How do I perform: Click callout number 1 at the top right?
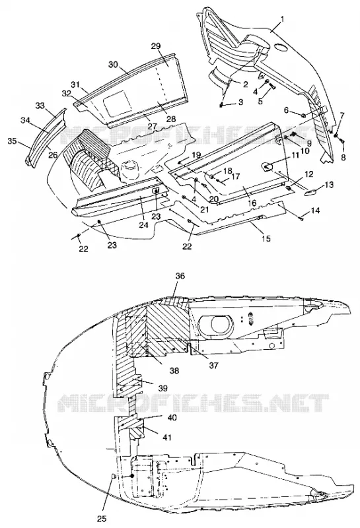[x=283, y=19]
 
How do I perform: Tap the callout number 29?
[x=166, y=46]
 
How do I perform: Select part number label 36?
[x=180, y=276]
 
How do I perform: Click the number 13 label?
[x=330, y=185]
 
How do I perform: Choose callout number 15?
[x=266, y=239]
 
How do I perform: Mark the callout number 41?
[x=167, y=438]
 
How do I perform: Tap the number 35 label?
[x=12, y=141]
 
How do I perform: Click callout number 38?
[x=174, y=371]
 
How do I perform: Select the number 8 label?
[x=343, y=157]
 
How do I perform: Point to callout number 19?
[x=196, y=155]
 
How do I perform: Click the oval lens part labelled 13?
[x=310, y=192]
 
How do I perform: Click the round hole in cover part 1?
[x=281, y=46]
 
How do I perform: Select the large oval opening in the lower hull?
[x=216, y=324]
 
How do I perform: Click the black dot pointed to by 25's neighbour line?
[x=131, y=475]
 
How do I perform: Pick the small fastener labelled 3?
[x=221, y=104]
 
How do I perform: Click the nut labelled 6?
[x=303, y=116]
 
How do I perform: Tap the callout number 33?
[x=40, y=106]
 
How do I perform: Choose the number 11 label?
[x=295, y=156]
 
